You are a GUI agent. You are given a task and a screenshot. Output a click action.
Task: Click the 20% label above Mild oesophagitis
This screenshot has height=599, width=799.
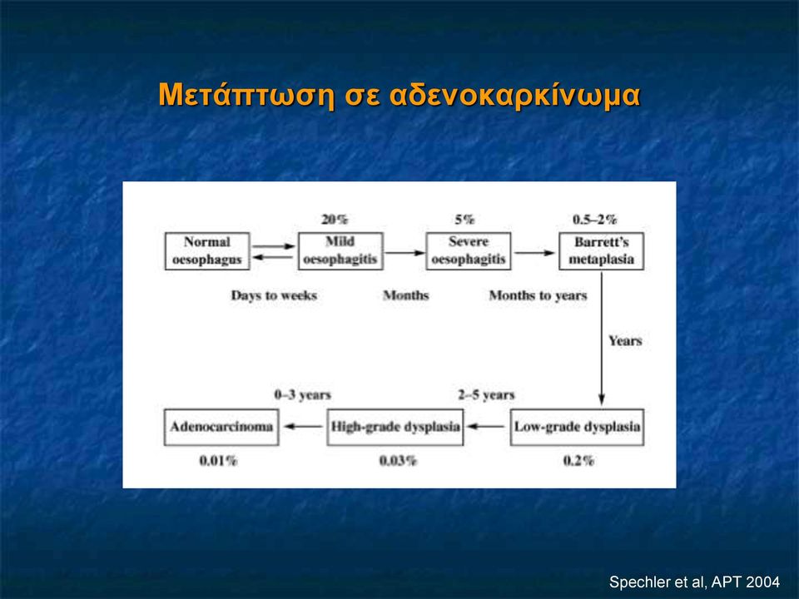(x=335, y=220)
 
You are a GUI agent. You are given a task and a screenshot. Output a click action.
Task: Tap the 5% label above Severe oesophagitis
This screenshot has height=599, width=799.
(x=464, y=220)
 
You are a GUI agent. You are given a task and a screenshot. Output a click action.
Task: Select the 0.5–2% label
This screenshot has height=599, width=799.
(x=594, y=220)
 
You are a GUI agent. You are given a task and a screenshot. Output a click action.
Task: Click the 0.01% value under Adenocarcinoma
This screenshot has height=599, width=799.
(x=218, y=461)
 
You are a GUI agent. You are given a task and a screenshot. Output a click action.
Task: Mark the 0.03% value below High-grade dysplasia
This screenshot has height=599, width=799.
(x=398, y=461)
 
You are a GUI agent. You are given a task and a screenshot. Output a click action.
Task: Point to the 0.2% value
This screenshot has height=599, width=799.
(x=578, y=461)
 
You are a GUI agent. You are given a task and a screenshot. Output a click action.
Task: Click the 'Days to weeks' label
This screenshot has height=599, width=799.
(x=274, y=296)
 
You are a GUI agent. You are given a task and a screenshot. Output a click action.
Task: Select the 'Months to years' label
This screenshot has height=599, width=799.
(x=538, y=296)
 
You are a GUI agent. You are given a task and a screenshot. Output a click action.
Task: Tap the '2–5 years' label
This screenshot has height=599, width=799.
(x=486, y=395)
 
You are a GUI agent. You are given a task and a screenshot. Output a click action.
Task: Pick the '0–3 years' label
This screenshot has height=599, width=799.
(x=303, y=395)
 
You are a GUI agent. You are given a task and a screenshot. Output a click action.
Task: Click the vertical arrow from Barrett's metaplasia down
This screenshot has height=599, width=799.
(x=601, y=339)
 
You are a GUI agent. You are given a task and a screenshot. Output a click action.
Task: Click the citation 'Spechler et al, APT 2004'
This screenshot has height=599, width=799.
(x=694, y=582)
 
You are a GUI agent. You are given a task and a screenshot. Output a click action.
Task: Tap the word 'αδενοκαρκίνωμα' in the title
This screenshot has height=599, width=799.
(x=514, y=95)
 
